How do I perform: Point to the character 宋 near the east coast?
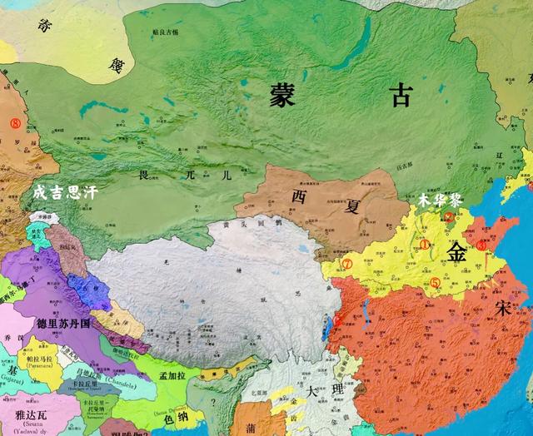[503, 307]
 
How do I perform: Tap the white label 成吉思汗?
[65, 191]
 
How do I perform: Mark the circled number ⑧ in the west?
[13, 122]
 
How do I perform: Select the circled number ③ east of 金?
[481, 245]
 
